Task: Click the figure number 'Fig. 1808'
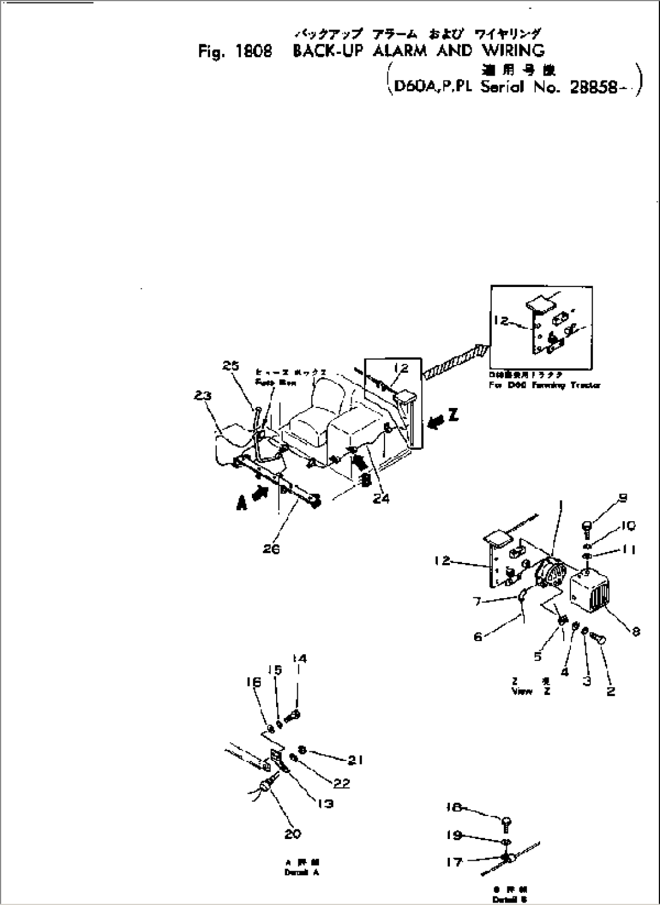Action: pyautogui.click(x=234, y=52)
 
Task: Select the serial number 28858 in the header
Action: pyautogui.click(x=594, y=88)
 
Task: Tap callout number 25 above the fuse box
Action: pyautogui.click(x=230, y=366)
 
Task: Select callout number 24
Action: pyautogui.click(x=381, y=498)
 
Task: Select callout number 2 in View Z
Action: pyautogui.click(x=610, y=691)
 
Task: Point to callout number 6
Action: pyautogui.click(x=478, y=637)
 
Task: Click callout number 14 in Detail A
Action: pyautogui.click(x=299, y=658)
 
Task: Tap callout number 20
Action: pyautogui.click(x=292, y=834)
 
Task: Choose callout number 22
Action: pyautogui.click(x=342, y=783)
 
